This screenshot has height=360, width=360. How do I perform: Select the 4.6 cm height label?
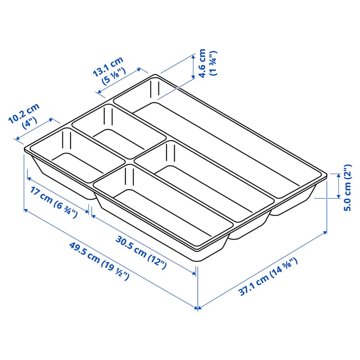(x=202, y=63)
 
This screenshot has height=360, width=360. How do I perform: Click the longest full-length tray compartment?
(x=226, y=139)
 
